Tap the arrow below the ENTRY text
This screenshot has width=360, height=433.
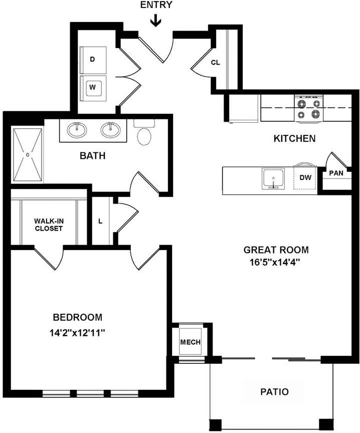click(x=156, y=21)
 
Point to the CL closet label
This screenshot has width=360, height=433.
click(x=215, y=63)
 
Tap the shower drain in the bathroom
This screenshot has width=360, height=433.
click(x=28, y=154)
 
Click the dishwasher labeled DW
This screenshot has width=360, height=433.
click(x=305, y=178)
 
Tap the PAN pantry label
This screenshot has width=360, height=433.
click(x=336, y=173)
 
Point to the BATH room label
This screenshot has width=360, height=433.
click(x=93, y=156)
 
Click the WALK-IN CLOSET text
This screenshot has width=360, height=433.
click(x=48, y=225)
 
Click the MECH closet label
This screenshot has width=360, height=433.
click(x=190, y=342)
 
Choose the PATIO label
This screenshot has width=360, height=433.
click(x=274, y=391)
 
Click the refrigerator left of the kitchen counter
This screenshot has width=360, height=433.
click(x=244, y=108)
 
